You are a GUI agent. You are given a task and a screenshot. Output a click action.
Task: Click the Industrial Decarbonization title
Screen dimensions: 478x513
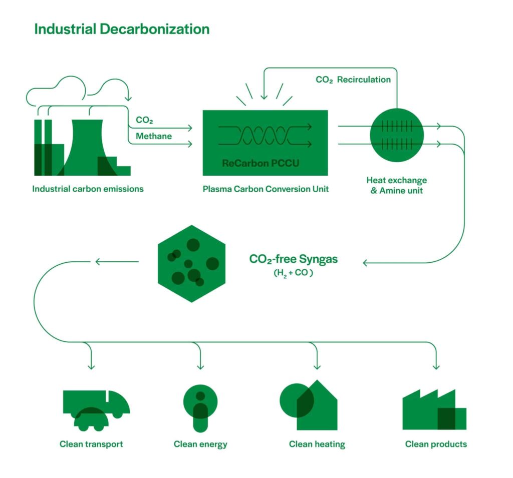point(122,29)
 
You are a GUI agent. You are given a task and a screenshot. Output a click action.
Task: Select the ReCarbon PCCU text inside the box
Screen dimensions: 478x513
point(260,164)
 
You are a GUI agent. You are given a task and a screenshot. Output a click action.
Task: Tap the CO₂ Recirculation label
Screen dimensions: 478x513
point(353,80)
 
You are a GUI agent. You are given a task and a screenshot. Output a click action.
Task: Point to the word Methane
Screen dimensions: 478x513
point(153,136)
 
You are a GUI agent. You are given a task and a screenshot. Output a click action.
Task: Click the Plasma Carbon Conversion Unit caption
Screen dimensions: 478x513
point(266,190)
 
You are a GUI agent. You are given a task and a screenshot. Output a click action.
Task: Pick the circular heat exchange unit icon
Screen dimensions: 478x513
point(397,135)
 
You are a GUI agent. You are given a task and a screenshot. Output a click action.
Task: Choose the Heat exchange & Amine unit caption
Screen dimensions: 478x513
point(396,185)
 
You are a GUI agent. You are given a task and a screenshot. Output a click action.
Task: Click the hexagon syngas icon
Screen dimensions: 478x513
point(191,263)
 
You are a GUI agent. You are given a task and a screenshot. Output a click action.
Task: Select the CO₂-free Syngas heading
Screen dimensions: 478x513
point(293,259)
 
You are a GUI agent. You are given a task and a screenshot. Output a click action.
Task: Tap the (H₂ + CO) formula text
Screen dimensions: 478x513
point(293,273)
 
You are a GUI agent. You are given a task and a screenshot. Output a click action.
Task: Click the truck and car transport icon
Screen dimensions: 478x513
point(96,410)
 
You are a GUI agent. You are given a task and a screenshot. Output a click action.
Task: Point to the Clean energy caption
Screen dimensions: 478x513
point(200,444)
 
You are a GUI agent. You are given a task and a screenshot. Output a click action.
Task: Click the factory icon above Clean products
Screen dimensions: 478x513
point(434,410)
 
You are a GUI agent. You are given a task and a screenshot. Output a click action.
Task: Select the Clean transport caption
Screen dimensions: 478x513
point(91,444)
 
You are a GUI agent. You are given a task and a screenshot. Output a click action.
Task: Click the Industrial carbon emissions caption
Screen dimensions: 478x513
point(88,189)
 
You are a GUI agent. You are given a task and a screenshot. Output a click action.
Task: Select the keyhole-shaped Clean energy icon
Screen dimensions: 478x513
point(200,408)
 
